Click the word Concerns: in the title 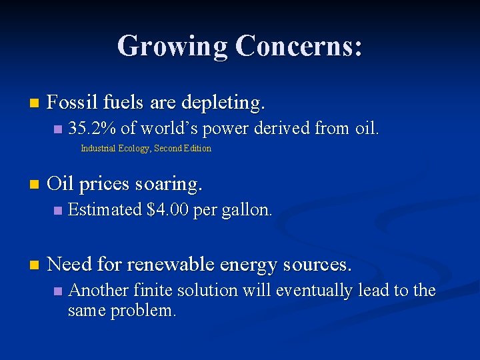[x=299, y=47]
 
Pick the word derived [x=281, y=128]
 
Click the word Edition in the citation [x=197, y=149]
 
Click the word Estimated [x=105, y=210]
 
